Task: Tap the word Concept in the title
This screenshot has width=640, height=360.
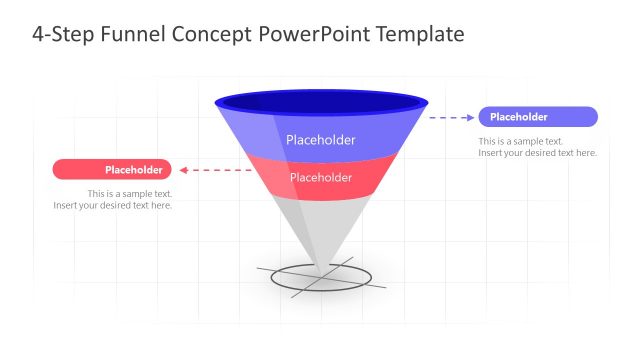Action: pos(213,34)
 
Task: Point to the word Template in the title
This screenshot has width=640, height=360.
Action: pos(420,34)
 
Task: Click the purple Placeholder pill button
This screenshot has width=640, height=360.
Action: pos(538,117)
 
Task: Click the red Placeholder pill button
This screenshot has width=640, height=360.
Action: pos(112,169)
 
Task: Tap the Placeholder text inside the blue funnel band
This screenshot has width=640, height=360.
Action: pos(320,140)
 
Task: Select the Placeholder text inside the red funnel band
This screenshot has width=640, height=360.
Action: pos(320,177)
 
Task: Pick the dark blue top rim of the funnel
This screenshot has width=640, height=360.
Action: pos(321,101)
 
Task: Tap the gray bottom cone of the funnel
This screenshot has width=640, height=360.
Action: pos(320,225)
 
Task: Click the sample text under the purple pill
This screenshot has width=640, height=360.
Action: pos(537,147)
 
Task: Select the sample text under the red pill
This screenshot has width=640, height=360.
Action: pos(113,199)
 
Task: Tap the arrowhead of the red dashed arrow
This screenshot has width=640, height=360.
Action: pos(185,169)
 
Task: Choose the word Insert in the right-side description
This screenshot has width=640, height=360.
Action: pos(491,153)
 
